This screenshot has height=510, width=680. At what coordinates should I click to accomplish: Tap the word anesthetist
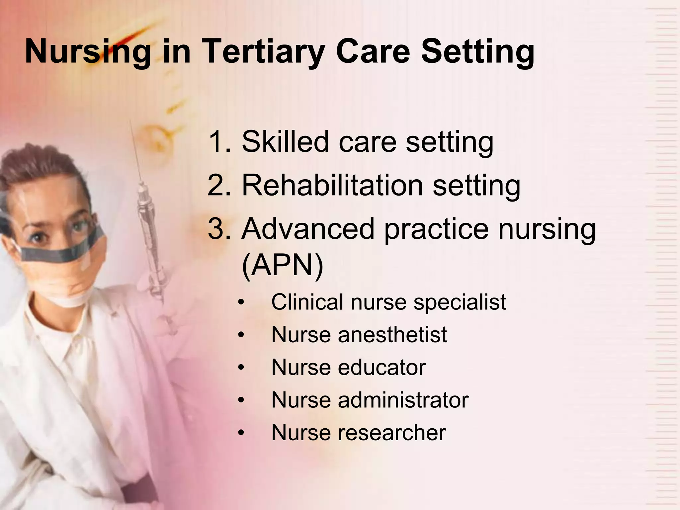tap(392, 334)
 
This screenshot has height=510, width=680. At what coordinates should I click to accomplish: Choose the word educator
tap(382, 367)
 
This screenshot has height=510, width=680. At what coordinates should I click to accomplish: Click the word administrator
tap(403, 400)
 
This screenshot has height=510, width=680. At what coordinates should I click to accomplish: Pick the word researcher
tap(392, 432)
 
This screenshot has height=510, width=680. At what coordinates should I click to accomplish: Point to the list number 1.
tap(216, 142)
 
